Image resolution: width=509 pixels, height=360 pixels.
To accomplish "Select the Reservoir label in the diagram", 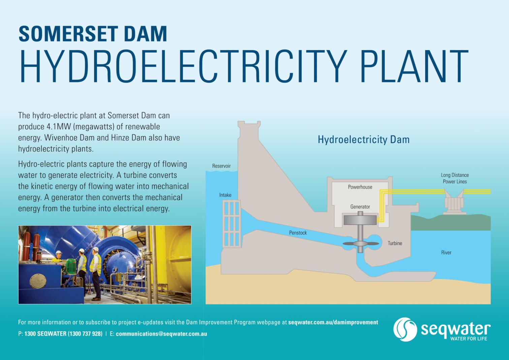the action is click(x=221, y=166).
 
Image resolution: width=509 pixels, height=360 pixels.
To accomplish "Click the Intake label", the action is click(x=225, y=195).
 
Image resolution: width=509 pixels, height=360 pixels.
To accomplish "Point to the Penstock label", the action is click(x=298, y=233).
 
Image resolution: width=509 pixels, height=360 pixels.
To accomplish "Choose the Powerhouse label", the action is click(x=360, y=187).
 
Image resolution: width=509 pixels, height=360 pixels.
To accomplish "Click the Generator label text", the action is click(x=360, y=207).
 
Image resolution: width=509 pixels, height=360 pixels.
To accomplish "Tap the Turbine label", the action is click(x=395, y=243).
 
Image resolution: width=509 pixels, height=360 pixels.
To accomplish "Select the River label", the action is click(x=446, y=253).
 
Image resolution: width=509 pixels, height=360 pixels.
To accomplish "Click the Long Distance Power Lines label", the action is click(x=455, y=178).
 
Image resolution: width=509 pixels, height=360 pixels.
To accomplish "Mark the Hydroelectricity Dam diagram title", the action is click(x=363, y=139).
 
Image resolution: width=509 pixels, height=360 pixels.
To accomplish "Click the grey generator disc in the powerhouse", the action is click(x=360, y=220).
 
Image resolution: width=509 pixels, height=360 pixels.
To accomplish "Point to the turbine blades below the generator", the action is click(x=360, y=244).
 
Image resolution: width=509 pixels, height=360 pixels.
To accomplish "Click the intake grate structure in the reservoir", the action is click(x=231, y=224).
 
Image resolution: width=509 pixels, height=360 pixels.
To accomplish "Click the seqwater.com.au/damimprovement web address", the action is click(x=333, y=322).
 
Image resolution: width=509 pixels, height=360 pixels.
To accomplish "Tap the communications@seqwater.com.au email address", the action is click(x=161, y=334).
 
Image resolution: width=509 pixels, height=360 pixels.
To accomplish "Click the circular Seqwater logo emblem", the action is click(x=405, y=329).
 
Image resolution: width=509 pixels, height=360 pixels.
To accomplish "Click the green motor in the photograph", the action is click(x=70, y=265).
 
